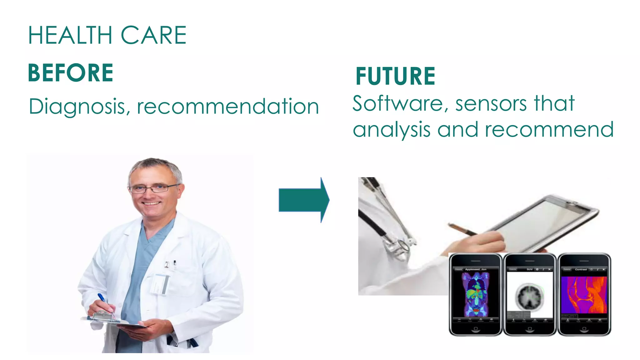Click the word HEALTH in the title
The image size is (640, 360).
(70, 35)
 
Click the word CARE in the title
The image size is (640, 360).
(153, 35)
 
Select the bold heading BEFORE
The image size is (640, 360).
(71, 73)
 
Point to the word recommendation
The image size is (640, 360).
(228, 106)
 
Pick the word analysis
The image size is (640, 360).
(392, 130)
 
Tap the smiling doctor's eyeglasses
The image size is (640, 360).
(153, 188)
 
